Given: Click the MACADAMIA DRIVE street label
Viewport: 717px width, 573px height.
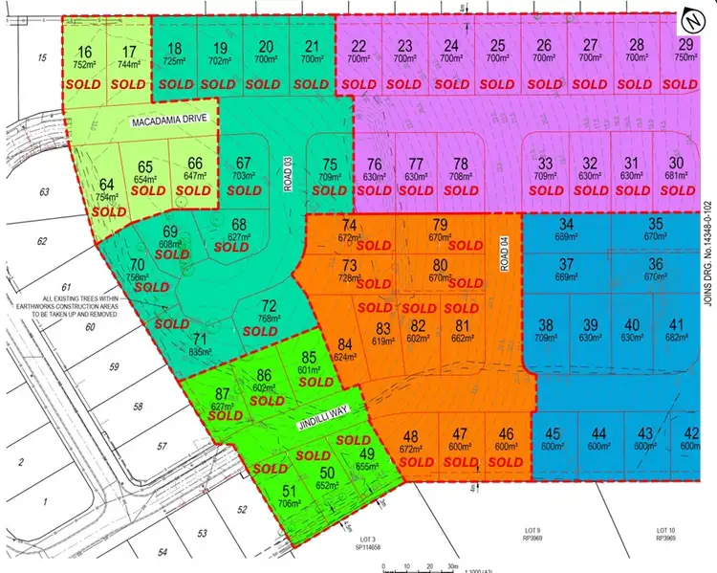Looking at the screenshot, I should [x=169, y=123].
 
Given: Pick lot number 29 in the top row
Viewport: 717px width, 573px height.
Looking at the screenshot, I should [x=685, y=46].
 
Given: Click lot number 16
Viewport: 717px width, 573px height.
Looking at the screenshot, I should [x=85, y=53].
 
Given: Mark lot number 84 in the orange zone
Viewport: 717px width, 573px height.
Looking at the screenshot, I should [x=345, y=344].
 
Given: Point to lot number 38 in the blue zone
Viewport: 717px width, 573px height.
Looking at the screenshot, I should [x=546, y=324].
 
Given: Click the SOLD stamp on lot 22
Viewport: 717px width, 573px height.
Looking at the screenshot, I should [x=359, y=83].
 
